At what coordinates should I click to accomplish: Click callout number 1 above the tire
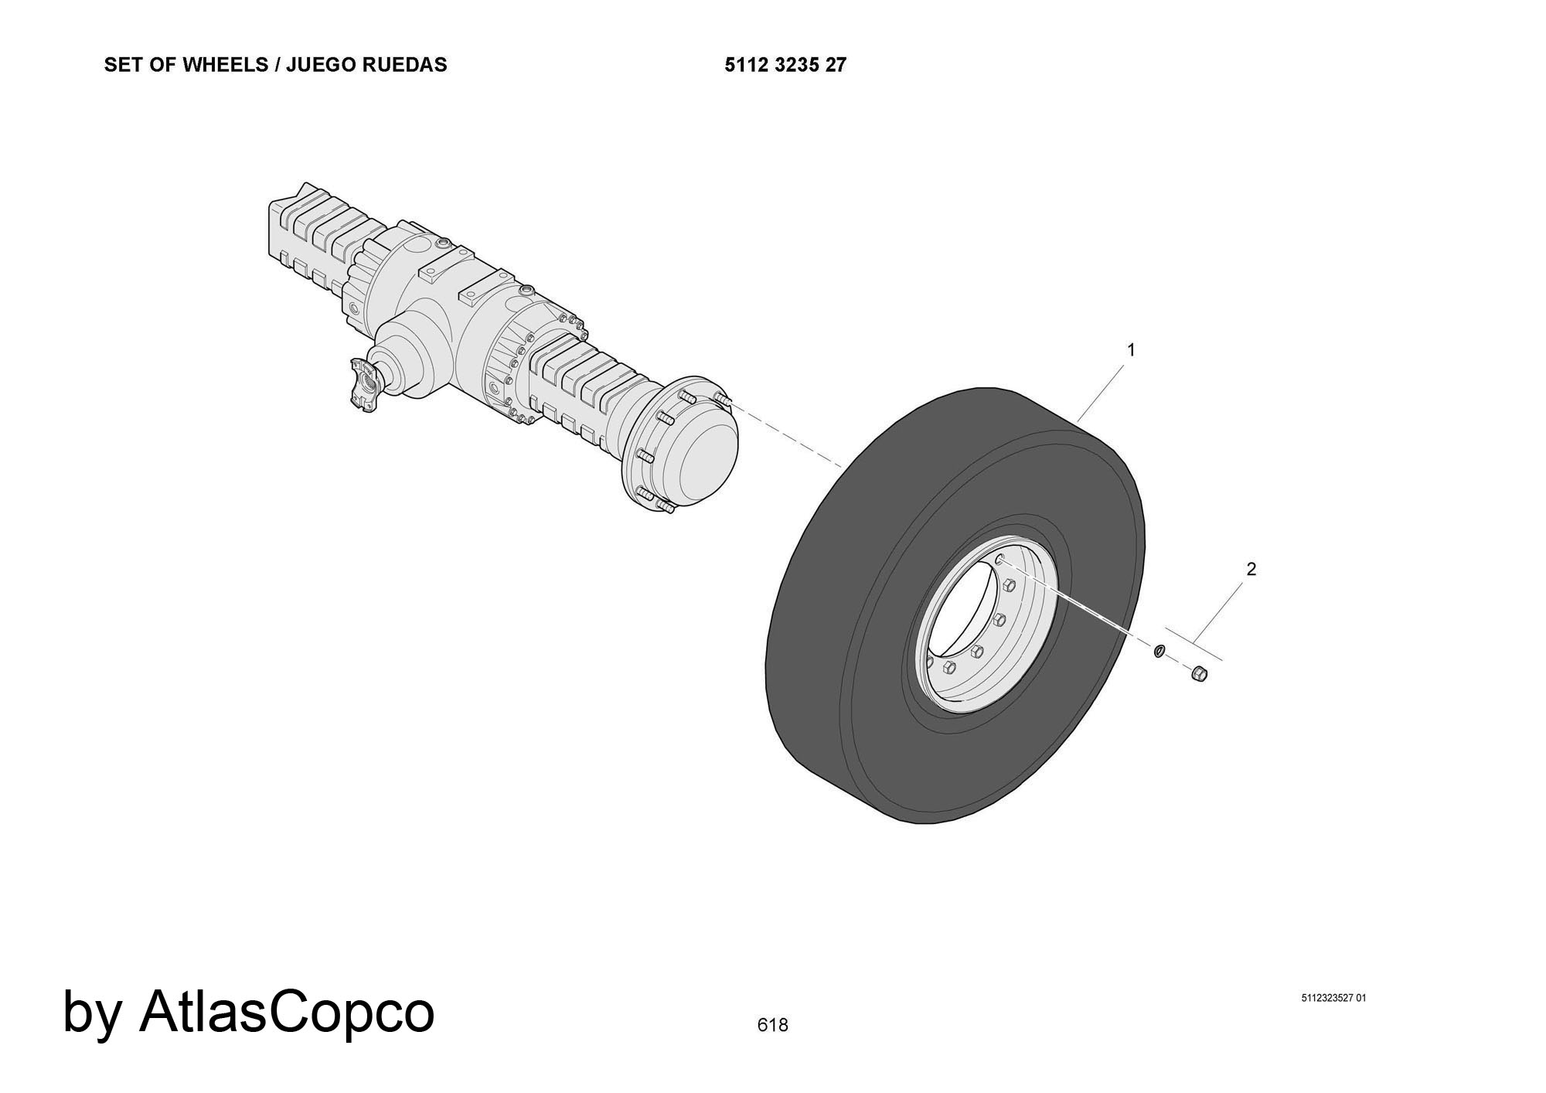point(1131,350)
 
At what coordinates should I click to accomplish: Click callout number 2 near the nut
point(1251,569)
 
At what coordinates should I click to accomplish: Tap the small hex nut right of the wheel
point(1199,673)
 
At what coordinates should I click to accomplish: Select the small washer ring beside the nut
point(1159,651)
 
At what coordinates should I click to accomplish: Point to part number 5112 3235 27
point(785,65)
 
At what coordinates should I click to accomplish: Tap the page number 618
point(772,1025)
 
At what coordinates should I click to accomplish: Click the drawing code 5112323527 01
point(1333,998)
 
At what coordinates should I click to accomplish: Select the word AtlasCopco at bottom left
point(287,1011)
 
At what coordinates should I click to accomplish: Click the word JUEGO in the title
point(319,65)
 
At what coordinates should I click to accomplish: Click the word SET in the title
point(121,65)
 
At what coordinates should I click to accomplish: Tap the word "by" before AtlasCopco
point(91,1014)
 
